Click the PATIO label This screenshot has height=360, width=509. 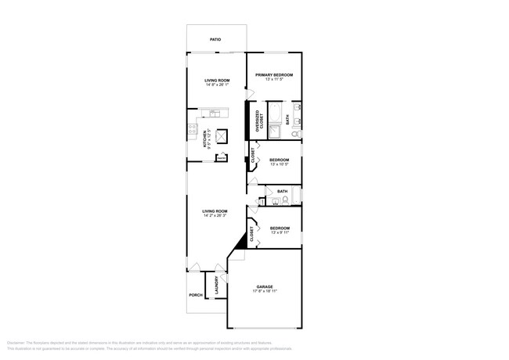(215, 39)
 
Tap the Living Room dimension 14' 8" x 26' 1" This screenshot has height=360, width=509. (216, 85)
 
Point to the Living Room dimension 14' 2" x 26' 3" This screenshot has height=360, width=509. (215, 216)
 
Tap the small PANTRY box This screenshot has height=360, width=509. (222, 157)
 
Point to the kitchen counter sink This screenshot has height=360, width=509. (215, 113)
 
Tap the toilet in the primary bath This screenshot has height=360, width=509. (294, 134)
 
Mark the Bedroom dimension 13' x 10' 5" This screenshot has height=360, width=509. (279, 164)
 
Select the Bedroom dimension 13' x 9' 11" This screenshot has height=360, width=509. (279, 232)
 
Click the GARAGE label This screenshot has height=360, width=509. (265, 286)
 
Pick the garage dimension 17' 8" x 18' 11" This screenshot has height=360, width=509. (265, 291)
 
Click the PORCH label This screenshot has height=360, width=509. (196, 295)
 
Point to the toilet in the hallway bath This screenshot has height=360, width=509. (285, 200)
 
